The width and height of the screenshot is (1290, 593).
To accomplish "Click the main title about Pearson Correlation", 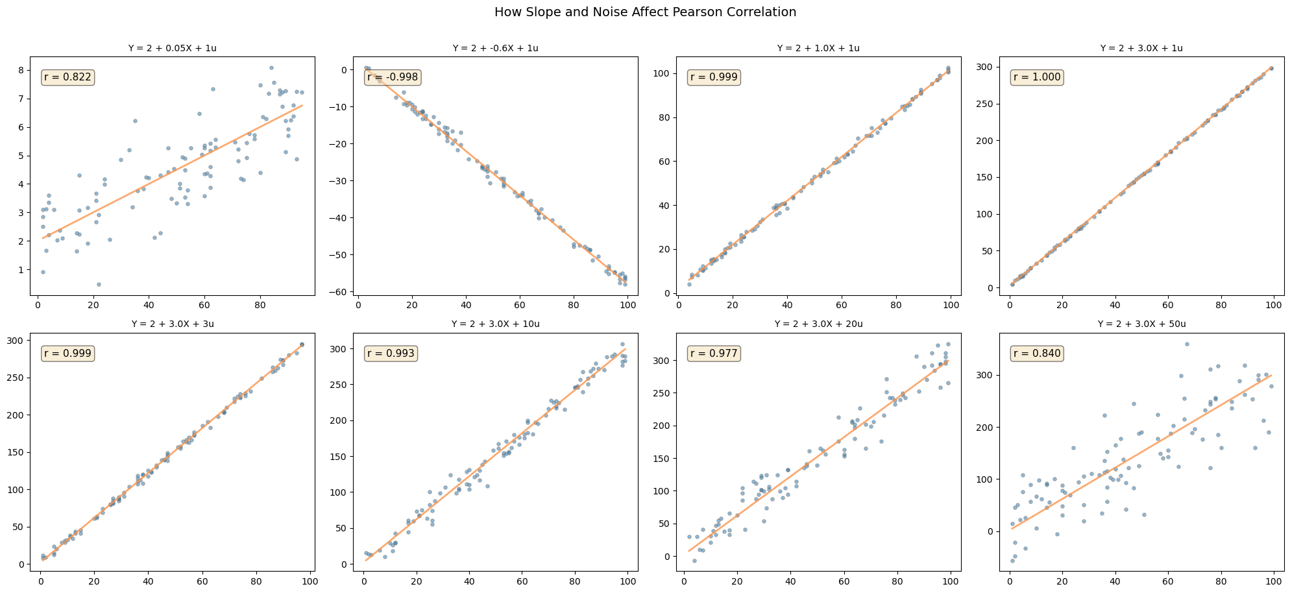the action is click(x=645, y=12).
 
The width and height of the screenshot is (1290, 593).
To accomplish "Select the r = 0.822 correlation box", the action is click(x=68, y=77).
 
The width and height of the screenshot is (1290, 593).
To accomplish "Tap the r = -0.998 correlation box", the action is click(x=393, y=77).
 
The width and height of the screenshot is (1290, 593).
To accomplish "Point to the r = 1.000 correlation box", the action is click(x=1037, y=77).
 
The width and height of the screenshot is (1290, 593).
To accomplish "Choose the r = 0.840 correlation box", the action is click(x=1037, y=354).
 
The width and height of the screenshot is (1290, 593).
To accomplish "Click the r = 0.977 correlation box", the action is click(x=714, y=354).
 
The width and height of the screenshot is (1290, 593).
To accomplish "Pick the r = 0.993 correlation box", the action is click(x=391, y=354).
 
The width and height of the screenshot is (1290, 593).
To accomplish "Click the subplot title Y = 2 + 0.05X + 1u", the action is click(x=173, y=48).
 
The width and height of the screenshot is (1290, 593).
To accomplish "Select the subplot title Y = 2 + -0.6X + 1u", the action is click(x=495, y=48).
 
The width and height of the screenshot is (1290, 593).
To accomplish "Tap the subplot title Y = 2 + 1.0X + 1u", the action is click(x=818, y=48).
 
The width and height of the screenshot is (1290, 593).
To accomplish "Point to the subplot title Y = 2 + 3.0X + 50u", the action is click(x=1141, y=324).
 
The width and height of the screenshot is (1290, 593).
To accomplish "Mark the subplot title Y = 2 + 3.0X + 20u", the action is click(x=818, y=324).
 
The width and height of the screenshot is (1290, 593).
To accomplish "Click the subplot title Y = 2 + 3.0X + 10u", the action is click(x=495, y=324).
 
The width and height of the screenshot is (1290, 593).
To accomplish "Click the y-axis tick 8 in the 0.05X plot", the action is click(x=21, y=70).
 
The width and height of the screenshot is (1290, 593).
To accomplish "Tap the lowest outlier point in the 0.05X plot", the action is click(x=99, y=284).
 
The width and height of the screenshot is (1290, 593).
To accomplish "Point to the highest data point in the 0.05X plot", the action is click(x=271, y=67).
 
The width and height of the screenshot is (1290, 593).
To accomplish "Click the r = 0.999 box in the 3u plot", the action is click(x=68, y=354).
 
